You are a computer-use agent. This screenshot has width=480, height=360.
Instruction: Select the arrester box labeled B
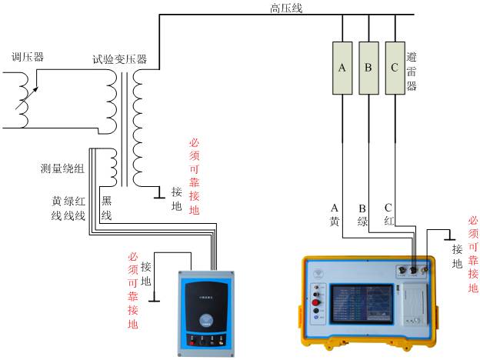click(x=368, y=68)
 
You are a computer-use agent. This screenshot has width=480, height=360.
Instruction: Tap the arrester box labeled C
click(x=395, y=68)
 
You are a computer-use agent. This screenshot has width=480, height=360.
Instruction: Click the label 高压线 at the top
click(x=286, y=8)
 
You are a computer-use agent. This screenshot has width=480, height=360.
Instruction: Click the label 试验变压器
click(x=119, y=59)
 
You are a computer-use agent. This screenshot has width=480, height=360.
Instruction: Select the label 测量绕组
click(x=64, y=167)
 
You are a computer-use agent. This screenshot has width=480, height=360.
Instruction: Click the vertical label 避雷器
click(x=412, y=71)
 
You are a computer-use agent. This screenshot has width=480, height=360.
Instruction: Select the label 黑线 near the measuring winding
click(x=107, y=208)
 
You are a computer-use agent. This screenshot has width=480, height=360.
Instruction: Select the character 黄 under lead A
click(x=335, y=221)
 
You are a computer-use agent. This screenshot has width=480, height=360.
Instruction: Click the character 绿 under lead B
click(x=362, y=221)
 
